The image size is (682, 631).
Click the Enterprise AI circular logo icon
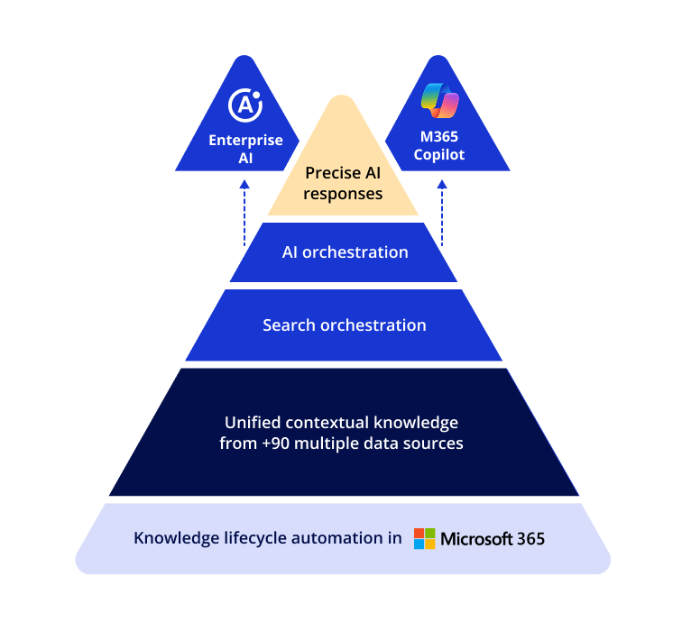tap(245, 105)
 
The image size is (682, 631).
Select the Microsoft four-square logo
tap(424, 538)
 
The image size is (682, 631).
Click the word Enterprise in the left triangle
tap(245, 141)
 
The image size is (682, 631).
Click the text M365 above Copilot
tap(439, 137)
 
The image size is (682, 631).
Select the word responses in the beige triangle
tap(343, 194)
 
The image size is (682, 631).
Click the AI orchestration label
tap(345, 252)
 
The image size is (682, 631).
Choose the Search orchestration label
tap(345, 325)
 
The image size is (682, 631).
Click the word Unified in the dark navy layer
tap(252, 423)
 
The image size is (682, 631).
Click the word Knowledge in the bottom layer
tap(172, 538)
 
